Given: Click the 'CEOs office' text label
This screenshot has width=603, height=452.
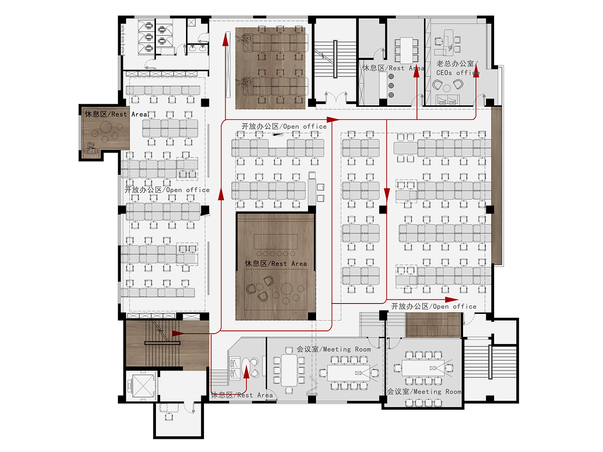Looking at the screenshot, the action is point(458,73).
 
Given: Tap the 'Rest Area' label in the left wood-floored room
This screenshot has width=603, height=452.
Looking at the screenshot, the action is point(116,114).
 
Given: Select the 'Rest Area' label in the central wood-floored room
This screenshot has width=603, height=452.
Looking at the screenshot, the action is point(276,263).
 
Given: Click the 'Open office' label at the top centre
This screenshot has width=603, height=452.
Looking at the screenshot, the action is point(284,126).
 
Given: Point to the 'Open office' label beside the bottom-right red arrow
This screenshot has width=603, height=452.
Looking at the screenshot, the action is point(434,306).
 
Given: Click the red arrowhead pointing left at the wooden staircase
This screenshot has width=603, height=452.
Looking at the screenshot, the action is point(178,334).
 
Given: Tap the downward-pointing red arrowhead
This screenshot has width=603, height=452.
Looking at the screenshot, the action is point(387,195).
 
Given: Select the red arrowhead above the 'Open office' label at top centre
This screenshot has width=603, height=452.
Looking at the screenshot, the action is point(333,120).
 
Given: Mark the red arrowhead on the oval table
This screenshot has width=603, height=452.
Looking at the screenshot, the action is point(246,372).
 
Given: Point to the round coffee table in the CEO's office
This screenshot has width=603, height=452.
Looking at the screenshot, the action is point(447,88).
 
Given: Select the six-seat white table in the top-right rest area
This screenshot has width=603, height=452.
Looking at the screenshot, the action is point(406,50).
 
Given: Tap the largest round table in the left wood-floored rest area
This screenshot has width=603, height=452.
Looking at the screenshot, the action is point(106,127).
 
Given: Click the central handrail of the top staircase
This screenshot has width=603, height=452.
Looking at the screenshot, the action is point(335,59).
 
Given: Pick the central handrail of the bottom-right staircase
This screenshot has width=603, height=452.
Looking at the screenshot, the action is point(490,362).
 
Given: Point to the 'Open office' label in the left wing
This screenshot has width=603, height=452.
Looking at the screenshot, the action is point(167,190).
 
